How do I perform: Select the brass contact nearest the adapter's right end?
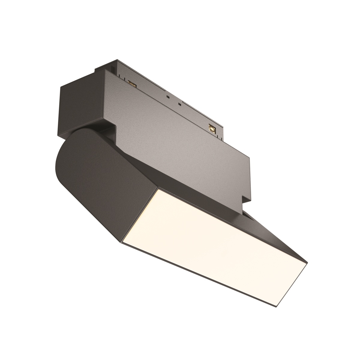pyautogui.click(x=212, y=128)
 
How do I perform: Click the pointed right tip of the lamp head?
pyautogui.click(x=307, y=263)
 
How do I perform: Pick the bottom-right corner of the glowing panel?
pyautogui.click(x=274, y=306)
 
